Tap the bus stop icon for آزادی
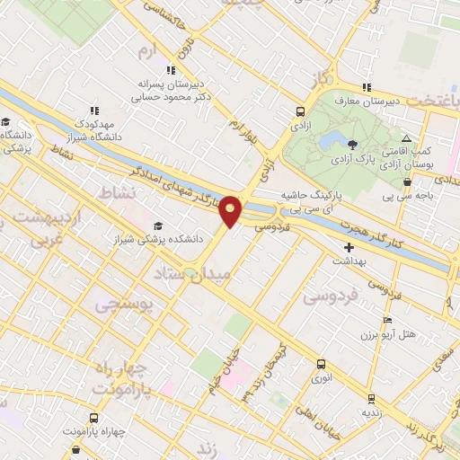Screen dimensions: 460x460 coord(301,113)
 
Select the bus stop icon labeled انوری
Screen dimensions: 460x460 coord(322,364)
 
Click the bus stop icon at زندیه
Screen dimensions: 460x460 coord(371,398)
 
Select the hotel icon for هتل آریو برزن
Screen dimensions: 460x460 coord(387,321)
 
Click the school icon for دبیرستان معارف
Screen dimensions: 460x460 coord(366,87)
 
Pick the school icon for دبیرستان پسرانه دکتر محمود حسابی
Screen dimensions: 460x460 coord(169,71)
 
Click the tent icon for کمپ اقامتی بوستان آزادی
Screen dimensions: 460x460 coord(407,139)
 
